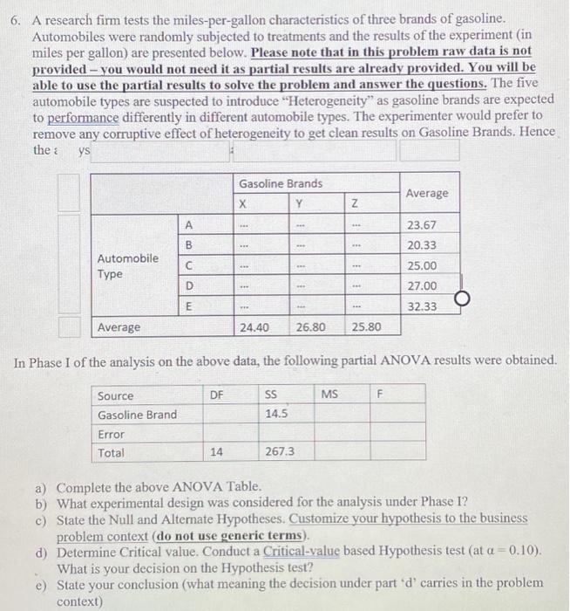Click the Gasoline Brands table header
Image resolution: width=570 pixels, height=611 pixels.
click(x=281, y=183)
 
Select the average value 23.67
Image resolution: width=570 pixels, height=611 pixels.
click(x=422, y=225)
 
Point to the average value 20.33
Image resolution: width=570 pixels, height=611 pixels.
click(x=422, y=245)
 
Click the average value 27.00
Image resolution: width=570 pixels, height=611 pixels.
click(x=422, y=285)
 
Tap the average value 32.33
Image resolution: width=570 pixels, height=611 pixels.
click(x=422, y=306)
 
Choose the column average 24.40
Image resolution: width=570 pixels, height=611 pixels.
click(x=254, y=327)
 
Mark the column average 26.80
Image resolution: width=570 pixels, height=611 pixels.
click(x=311, y=327)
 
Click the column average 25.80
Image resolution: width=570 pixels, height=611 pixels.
click(x=367, y=327)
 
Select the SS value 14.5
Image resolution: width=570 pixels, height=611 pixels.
click(x=277, y=414)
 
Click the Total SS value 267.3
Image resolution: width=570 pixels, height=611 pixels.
click(x=279, y=452)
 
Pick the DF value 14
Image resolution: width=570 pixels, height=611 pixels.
click(x=218, y=452)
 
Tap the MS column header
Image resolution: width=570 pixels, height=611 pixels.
click(x=329, y=395)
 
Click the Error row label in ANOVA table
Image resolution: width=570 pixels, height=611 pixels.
click(x=111, y=434)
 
